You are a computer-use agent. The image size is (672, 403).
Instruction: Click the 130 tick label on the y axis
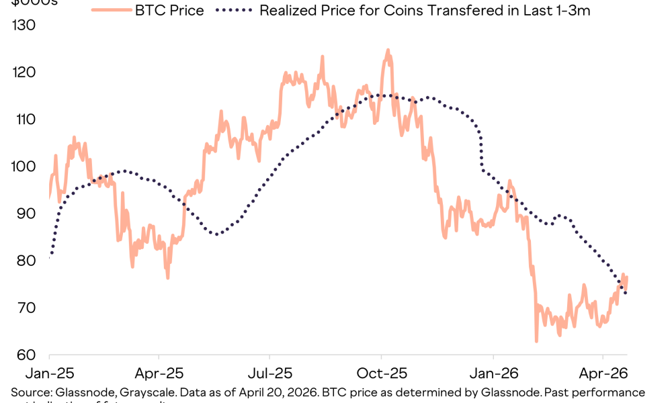[x=23, y=26]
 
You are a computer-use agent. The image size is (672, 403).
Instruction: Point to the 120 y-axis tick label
[x=23, y=73]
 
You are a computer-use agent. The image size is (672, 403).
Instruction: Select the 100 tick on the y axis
[x=23, y=167]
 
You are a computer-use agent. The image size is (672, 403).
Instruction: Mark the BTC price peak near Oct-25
[x=388, y=50]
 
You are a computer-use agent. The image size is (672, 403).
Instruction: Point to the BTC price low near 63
[x=536, y=341]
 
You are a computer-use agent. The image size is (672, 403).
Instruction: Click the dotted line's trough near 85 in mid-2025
[x=216, y=234]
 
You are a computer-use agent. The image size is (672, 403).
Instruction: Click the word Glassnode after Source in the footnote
[x=78, y=392]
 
